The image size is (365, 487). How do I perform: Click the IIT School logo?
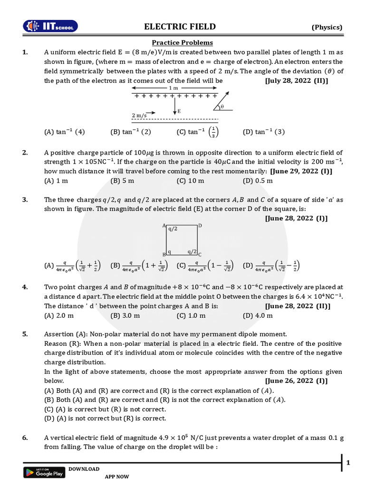click(x=51, y=27)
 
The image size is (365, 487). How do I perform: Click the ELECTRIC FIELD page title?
click(x=180, y=27)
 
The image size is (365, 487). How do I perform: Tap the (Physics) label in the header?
click(x=327, y=27)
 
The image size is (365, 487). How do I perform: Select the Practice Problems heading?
click(x=182, y=43)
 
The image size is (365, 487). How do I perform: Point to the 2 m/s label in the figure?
click(x=139, y=115)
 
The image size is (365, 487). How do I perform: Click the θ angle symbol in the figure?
click(x=222, y=107)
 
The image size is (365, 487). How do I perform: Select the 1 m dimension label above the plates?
click(x=173, y=88)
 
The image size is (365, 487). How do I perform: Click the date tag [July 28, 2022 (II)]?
click(x=296, y=80)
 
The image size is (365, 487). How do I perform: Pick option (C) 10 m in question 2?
click(x=190, y=181)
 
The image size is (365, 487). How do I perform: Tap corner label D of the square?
click(x=200, y=225)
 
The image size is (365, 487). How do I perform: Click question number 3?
click(x=25, y=200)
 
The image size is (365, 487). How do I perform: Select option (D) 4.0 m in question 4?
click(x=258, y=315)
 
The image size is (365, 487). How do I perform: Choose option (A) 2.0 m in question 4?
click(x=59, y=315)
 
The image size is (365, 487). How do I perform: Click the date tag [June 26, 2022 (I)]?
click(x=296, y=381)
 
